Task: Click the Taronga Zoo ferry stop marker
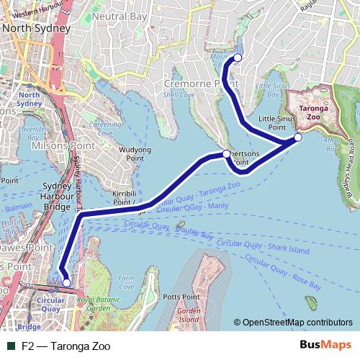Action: (298, 138)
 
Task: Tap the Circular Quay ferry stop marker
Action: (66, 283)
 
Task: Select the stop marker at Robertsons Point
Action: (226, 154)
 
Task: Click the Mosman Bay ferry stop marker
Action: (237, 58)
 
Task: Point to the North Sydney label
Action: (35, 28)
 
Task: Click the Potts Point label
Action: (181, 297)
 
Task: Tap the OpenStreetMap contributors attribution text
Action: (297, 323)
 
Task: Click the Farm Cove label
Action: (127, 282)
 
